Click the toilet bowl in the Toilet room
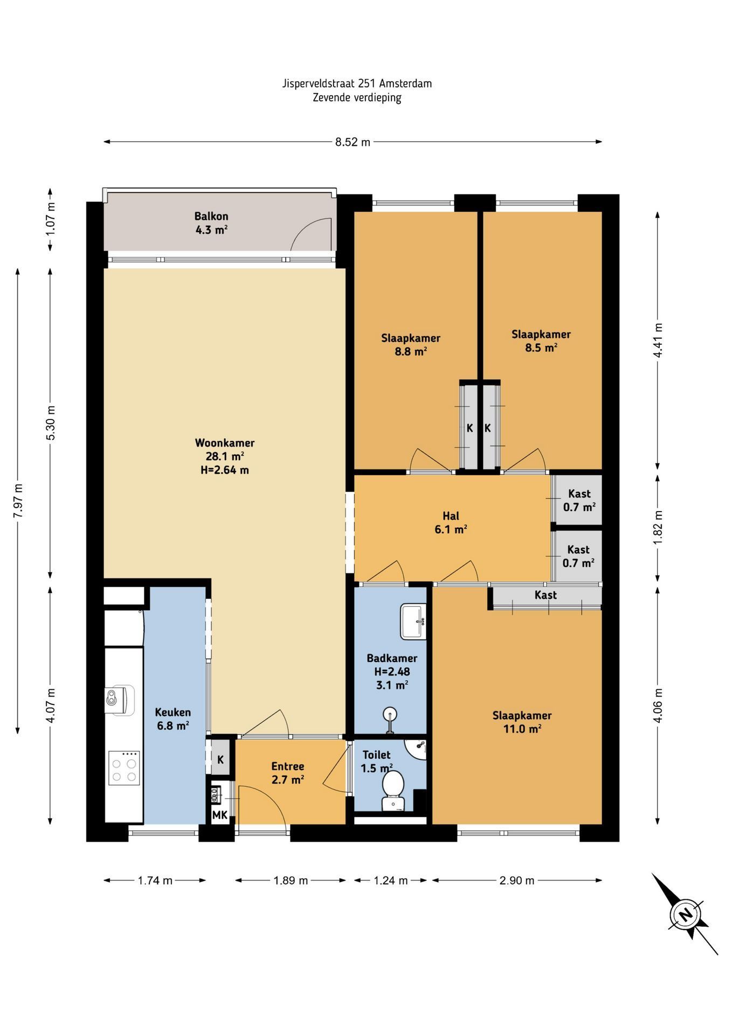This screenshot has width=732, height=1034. [x=392, y=790]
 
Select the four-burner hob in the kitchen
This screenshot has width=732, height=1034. [x=124, y=768]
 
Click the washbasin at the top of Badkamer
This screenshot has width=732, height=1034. [x=413, y=621]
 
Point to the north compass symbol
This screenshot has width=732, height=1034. [x=685, y=914]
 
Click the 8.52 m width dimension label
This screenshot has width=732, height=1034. [x=353, y=142]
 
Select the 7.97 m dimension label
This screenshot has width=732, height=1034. [x=18, y=500]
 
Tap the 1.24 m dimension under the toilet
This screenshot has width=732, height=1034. [x=391, y=881]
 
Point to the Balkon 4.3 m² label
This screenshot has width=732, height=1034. [x=211, y=223]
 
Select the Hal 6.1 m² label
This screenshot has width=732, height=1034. [x=451, y=522]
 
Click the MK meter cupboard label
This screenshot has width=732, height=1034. [x=219, y=815]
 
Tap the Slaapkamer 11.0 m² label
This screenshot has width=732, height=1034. [x=522, y=722]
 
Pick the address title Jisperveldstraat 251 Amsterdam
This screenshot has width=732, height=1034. [x=357, y=83]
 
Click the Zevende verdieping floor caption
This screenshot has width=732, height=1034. [x=357, y=97]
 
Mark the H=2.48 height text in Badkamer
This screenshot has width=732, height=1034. [x=392, y=672]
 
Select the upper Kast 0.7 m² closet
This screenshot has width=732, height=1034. [x=579, y=500]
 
